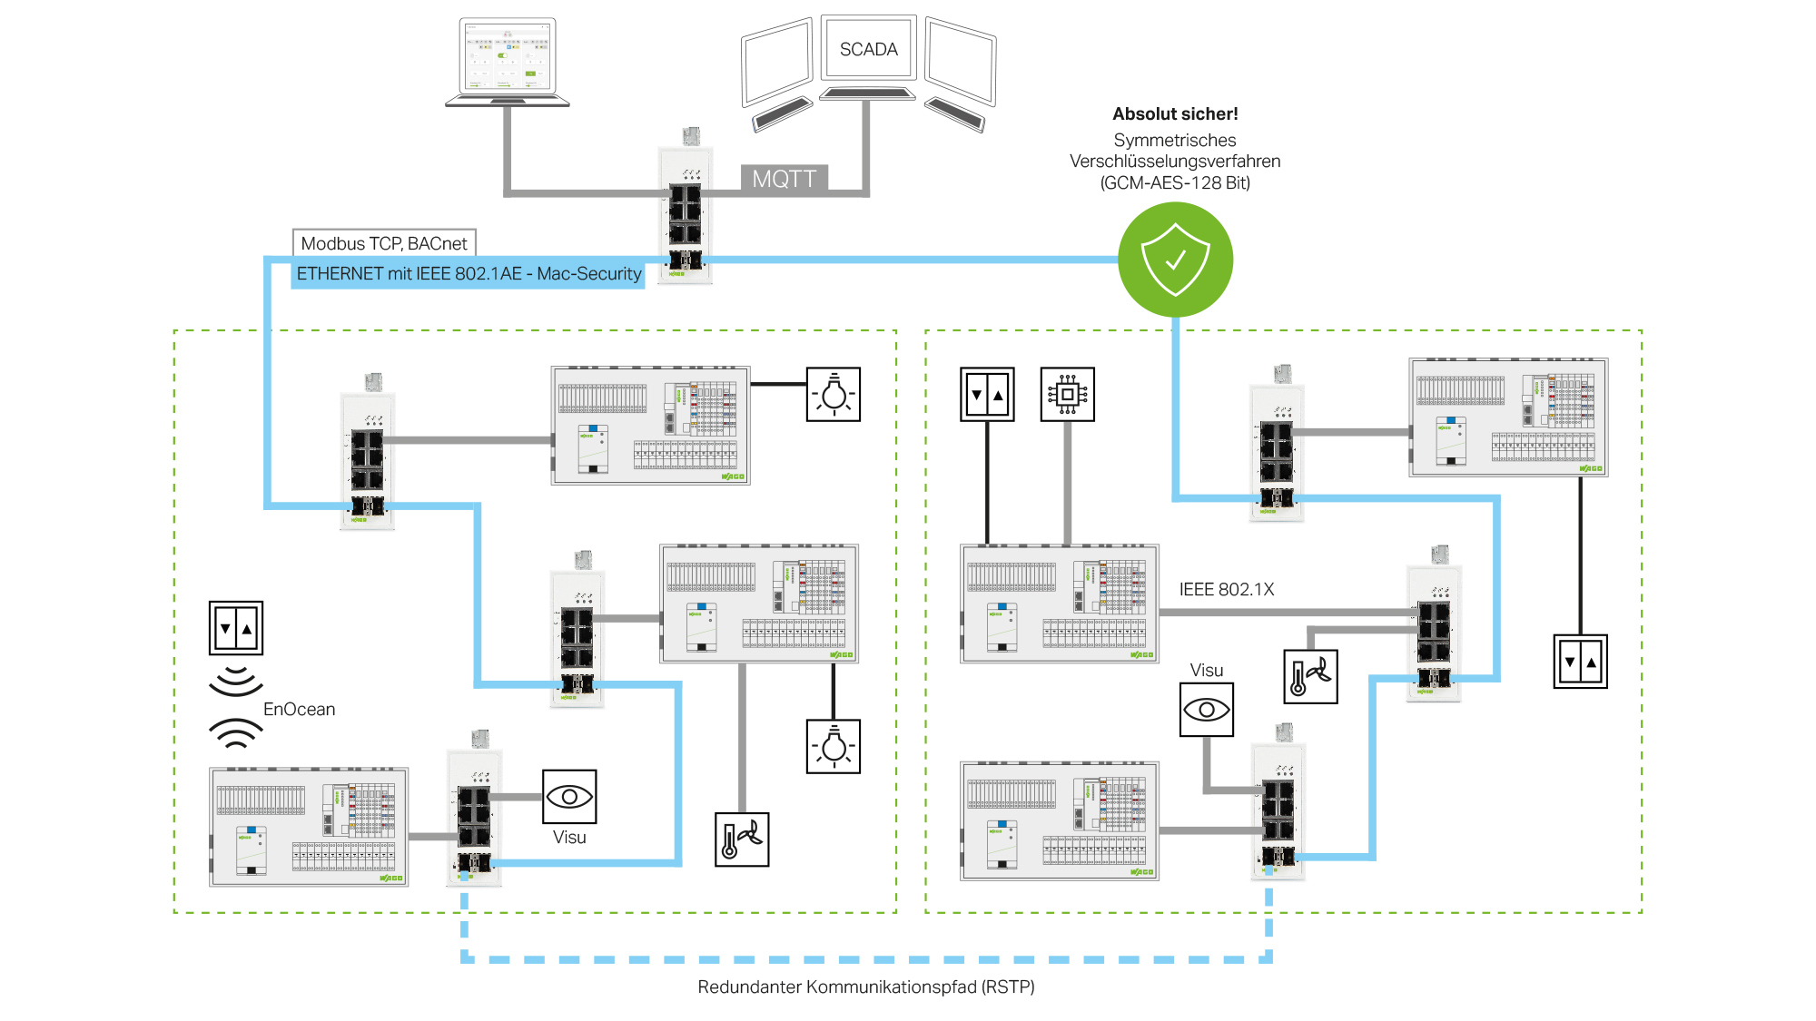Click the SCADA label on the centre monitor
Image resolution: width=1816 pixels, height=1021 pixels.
(868, 49)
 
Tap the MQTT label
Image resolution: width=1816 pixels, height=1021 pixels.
(785, 179)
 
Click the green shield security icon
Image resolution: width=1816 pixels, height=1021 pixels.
(1175, 260)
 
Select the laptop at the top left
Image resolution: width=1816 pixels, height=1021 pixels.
(508, 62)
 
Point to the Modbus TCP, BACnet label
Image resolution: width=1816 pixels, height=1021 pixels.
(384, 243)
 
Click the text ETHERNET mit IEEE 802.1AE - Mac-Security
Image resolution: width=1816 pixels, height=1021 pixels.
(469, 273)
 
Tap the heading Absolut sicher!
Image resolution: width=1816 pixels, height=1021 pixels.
(1175, 113)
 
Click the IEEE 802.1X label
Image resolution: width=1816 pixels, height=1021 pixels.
(1227, 589)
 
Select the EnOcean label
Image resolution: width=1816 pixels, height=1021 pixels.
(299, 709)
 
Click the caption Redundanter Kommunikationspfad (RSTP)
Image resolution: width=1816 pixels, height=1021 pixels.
(866, 987)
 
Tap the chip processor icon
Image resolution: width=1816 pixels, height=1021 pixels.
(1067, 394)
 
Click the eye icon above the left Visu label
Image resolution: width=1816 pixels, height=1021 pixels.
(569, 797)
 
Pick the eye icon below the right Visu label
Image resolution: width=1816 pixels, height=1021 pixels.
(1207, 709)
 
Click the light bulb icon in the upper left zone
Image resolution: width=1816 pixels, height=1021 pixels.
(834, 394)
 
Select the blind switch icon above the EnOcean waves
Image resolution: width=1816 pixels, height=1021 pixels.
(236, 627)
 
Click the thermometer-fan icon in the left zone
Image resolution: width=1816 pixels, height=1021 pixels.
(742, 839)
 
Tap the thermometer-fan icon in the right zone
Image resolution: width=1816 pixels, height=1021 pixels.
(1310, 676)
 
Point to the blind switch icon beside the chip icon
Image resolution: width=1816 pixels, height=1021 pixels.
(987, 394)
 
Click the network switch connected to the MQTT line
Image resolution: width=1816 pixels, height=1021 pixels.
(686, 207)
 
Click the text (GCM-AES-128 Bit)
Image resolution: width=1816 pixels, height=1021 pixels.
(1175, 182)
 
